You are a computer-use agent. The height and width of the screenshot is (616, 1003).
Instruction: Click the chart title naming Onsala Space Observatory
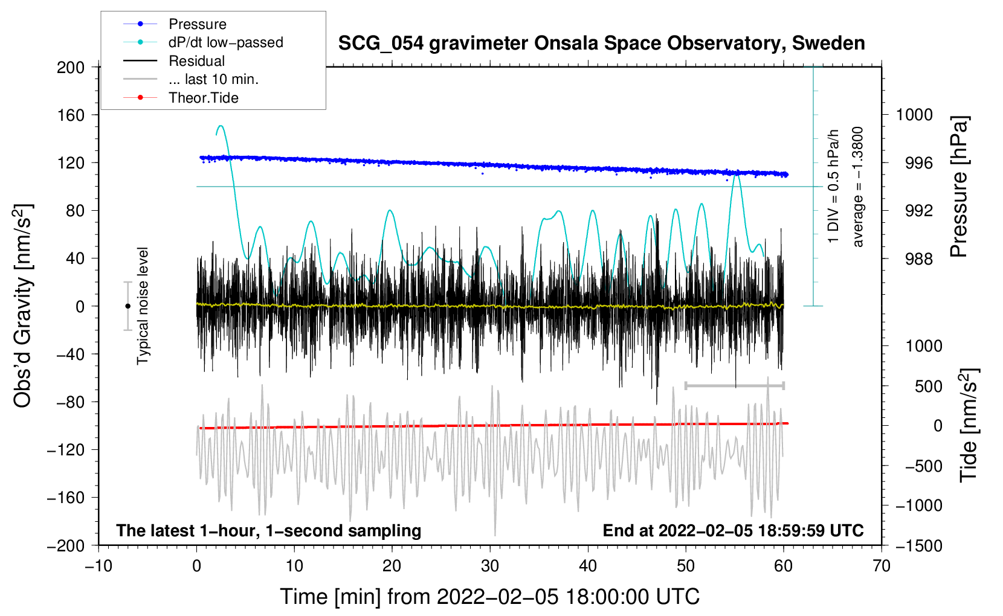(601, 43)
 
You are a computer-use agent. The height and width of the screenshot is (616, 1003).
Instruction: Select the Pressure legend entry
(197, 24)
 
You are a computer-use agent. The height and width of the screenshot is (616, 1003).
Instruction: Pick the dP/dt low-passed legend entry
(225, 42)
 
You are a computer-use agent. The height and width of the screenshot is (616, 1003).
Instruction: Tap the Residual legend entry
(196, 61)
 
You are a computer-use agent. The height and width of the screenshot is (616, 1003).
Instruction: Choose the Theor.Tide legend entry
(203, 98)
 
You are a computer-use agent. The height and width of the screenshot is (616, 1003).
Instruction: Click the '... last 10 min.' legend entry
(213, 79)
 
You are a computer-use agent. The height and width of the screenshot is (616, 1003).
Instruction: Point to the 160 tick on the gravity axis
(71, 115)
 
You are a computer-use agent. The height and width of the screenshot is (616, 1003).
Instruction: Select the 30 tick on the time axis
(490, 566)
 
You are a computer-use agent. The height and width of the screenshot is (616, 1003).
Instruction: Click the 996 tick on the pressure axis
(914, 163)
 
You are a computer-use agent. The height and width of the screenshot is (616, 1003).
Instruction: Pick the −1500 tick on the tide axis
(918, 545)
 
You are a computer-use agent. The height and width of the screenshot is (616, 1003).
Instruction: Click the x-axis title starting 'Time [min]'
(489, 597)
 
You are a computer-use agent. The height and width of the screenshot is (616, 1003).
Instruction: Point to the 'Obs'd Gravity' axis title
(23, 306)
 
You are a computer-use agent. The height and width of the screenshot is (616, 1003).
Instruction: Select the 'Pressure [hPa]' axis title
(959, 187)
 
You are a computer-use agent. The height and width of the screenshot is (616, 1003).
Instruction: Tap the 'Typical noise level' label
(143, 306)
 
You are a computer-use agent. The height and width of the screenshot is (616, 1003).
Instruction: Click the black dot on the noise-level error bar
(127, 306)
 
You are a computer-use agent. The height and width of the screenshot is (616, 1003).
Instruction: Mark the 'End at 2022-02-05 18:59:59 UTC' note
(733, 531)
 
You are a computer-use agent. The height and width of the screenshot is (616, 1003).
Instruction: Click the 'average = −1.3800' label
(858, 187)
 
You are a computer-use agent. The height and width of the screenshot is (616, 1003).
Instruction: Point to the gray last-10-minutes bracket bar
(734, 385)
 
